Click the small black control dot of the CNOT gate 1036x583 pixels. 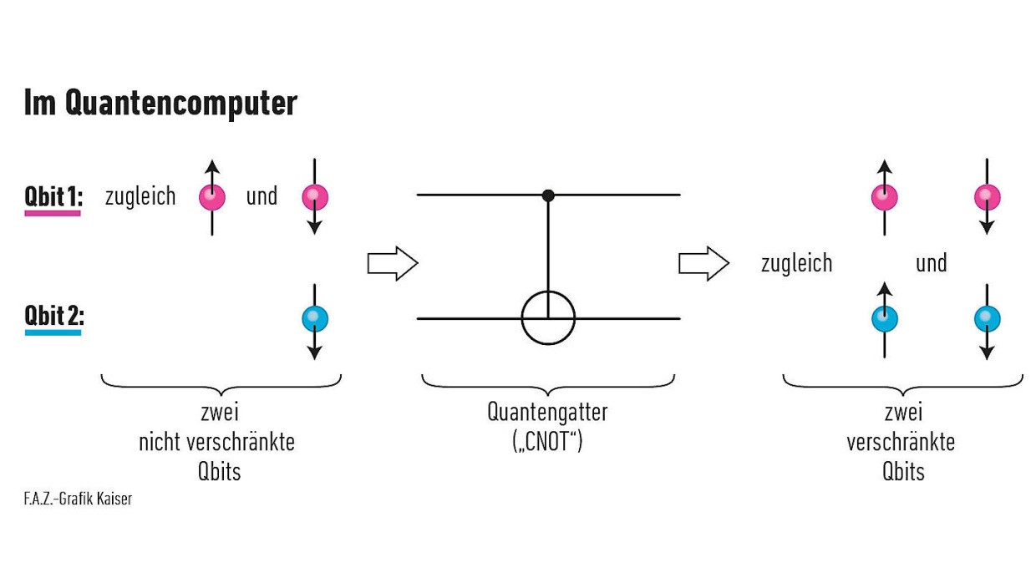tap(548, 195)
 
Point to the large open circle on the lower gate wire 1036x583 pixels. tap(548, 318)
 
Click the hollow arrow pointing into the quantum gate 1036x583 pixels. tap(392, 263)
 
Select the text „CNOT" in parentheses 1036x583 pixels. tap(547, 440)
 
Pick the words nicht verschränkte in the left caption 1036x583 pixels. tap(216, 441)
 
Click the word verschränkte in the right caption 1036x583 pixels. tap(901, 441)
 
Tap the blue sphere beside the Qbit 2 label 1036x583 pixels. tap(314, 318)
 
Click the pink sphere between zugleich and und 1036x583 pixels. tap(212, 197)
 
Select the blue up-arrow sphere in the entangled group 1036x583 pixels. tap(884, 318)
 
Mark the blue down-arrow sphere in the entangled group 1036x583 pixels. tap(987, 318)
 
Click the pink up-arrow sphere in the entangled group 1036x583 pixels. tap(884, 197)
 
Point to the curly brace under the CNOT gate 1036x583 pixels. tap(547, 383)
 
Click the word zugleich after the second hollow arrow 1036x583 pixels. tap(796, 263)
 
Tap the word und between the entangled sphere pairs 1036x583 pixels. tap(931, 263)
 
